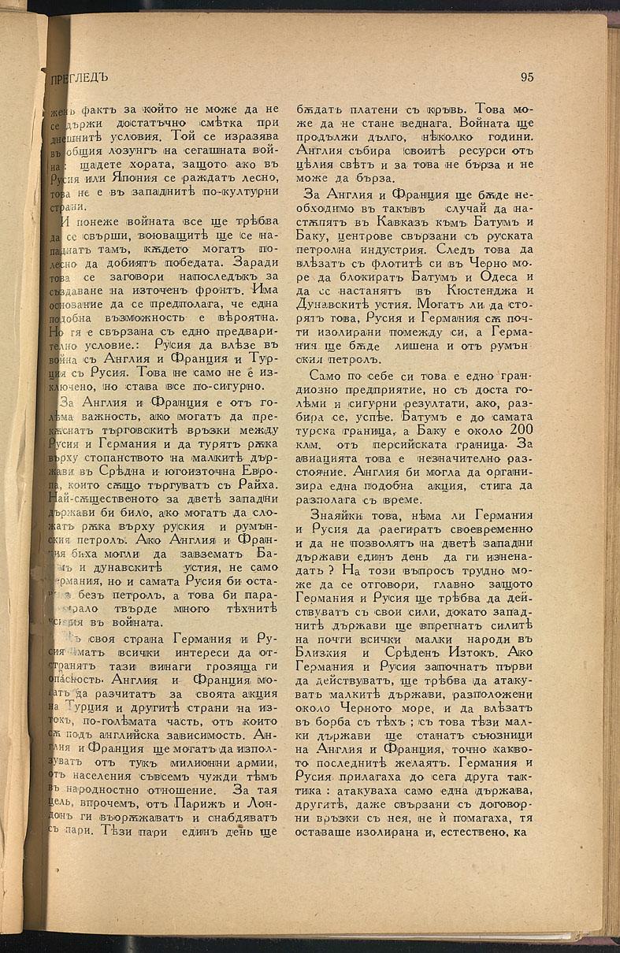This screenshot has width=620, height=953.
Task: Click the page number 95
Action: (x=527, y=77)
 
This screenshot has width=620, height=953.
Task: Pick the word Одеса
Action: (x=499, y=257)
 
